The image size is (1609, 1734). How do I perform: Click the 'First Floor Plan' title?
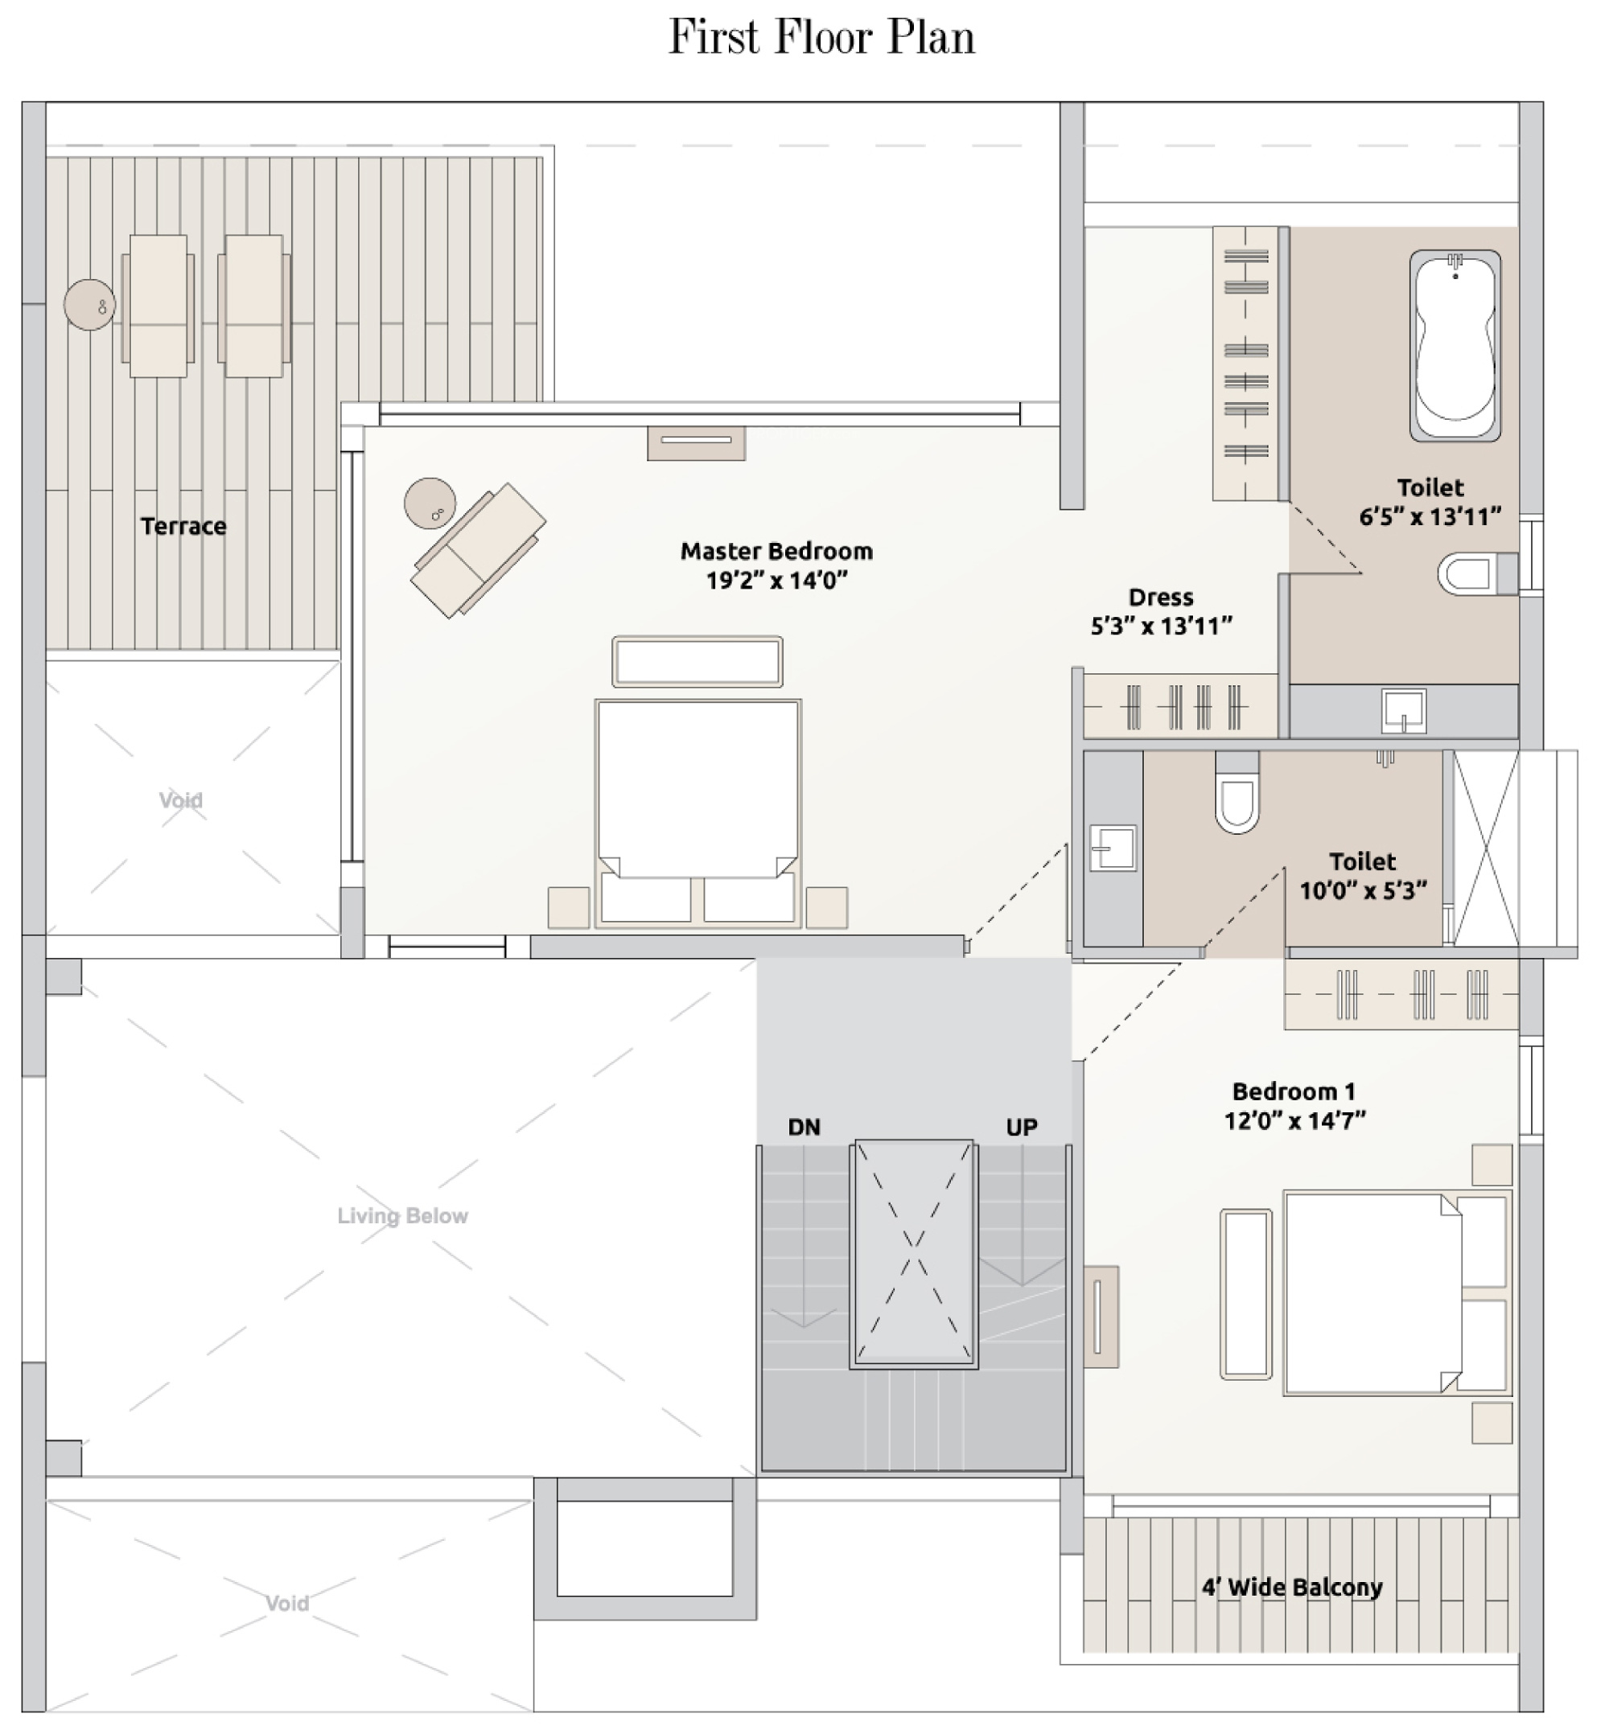click(x=821, y=39)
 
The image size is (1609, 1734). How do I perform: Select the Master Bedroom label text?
click(x=776, y=551)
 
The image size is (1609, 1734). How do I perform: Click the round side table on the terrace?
click(x=88, y=305)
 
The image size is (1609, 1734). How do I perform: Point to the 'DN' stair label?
click(x=804, y=1128)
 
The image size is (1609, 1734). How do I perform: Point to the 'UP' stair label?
click(x=1021, y=1128)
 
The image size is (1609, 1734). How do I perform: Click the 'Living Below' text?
click(x=402, y=1216)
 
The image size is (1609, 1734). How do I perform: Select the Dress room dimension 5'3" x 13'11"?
click(x=1162, y=626)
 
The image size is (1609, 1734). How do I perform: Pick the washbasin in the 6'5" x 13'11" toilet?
click(x=1404, y=711)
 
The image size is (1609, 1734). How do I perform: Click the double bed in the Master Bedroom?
click(x=698, y=813)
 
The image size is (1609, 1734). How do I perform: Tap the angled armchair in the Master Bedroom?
click(x=478, y=550)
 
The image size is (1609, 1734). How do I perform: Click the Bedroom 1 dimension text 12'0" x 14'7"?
click(x=1294, y=1121)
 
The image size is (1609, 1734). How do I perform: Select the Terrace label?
click(x=183, y=527)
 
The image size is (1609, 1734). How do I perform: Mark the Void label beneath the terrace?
click(x=181, y=800)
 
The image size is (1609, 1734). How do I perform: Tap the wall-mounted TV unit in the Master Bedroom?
click(x=696, y=442)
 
